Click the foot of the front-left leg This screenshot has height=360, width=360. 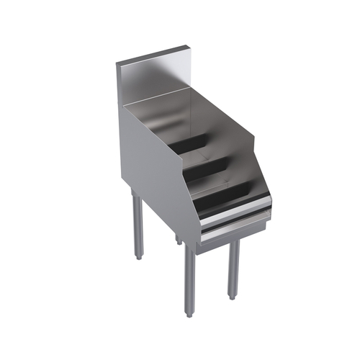click(189, 313)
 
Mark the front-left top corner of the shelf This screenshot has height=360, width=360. click(123, 105)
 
